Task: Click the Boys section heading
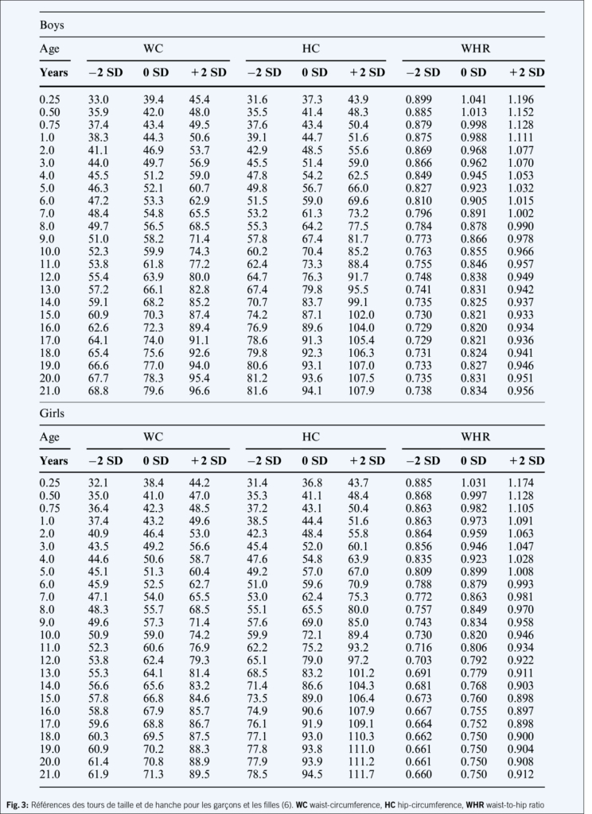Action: pyautogui.click(x=52, y=25)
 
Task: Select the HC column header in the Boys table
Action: pyautogui.click(x=312, y=48)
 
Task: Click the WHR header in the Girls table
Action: pyautogui.click(x=475, y=437)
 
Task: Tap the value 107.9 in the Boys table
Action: pyautogui.click(x=366, y=391)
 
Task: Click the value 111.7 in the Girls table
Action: pyautogui.click(x=366, y=773)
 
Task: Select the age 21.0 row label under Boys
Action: pyautogui.click(x=52, y=391)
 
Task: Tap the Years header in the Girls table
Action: pyautogui.click(x=54, y=461)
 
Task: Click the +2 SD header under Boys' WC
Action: pyautogui.click(x=208, y=72)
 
